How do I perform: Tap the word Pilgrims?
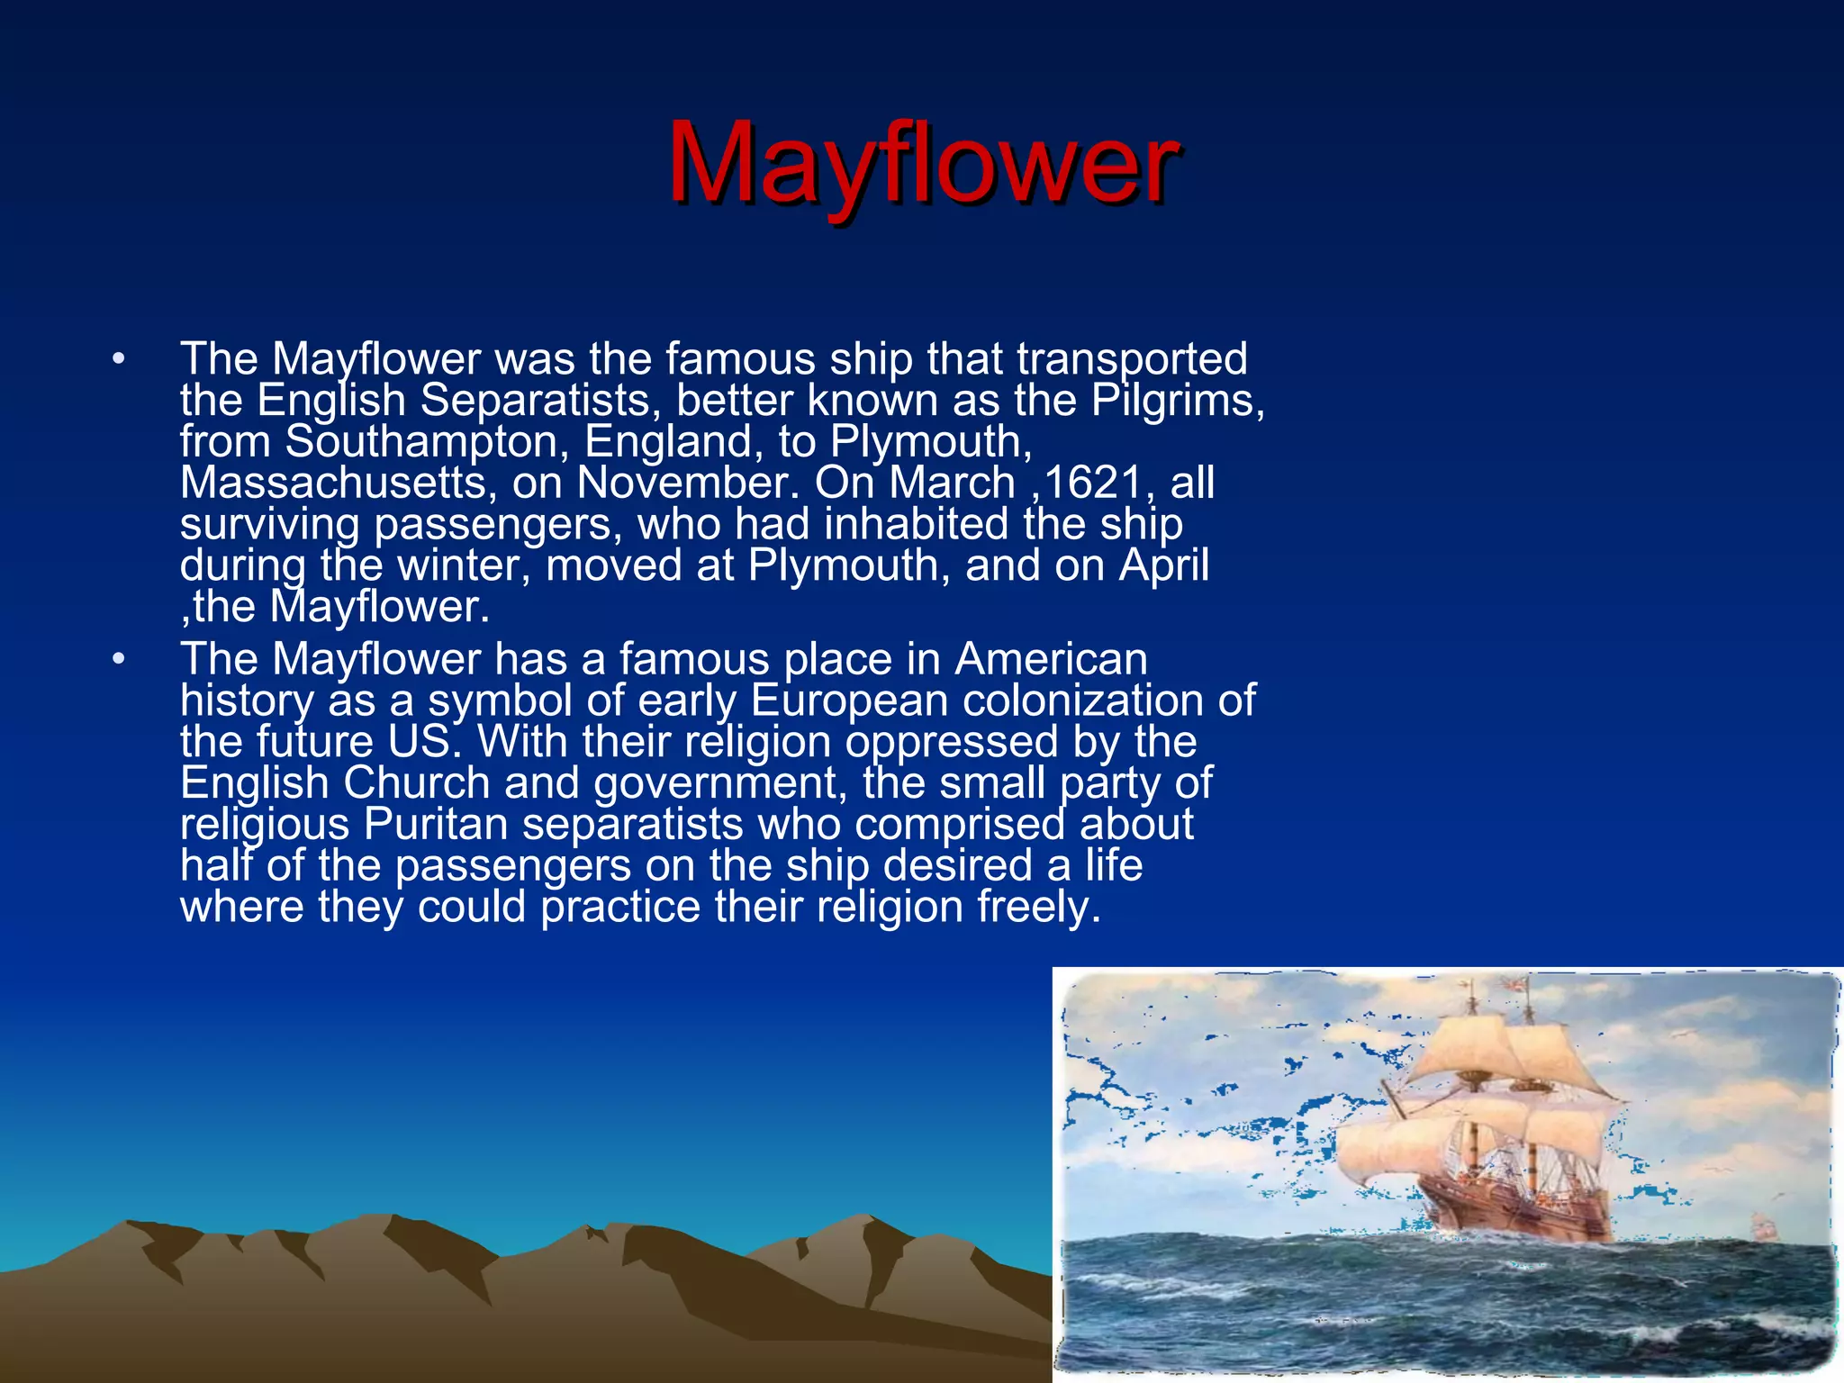point(1175,401)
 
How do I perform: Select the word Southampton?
point(427,442)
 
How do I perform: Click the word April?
point(1164,566)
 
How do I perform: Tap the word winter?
point(464,566)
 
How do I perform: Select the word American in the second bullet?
point(1051,660)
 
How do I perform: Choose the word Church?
point(416,783)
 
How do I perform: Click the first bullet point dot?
point(118,360)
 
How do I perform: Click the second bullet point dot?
point(118,661)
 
